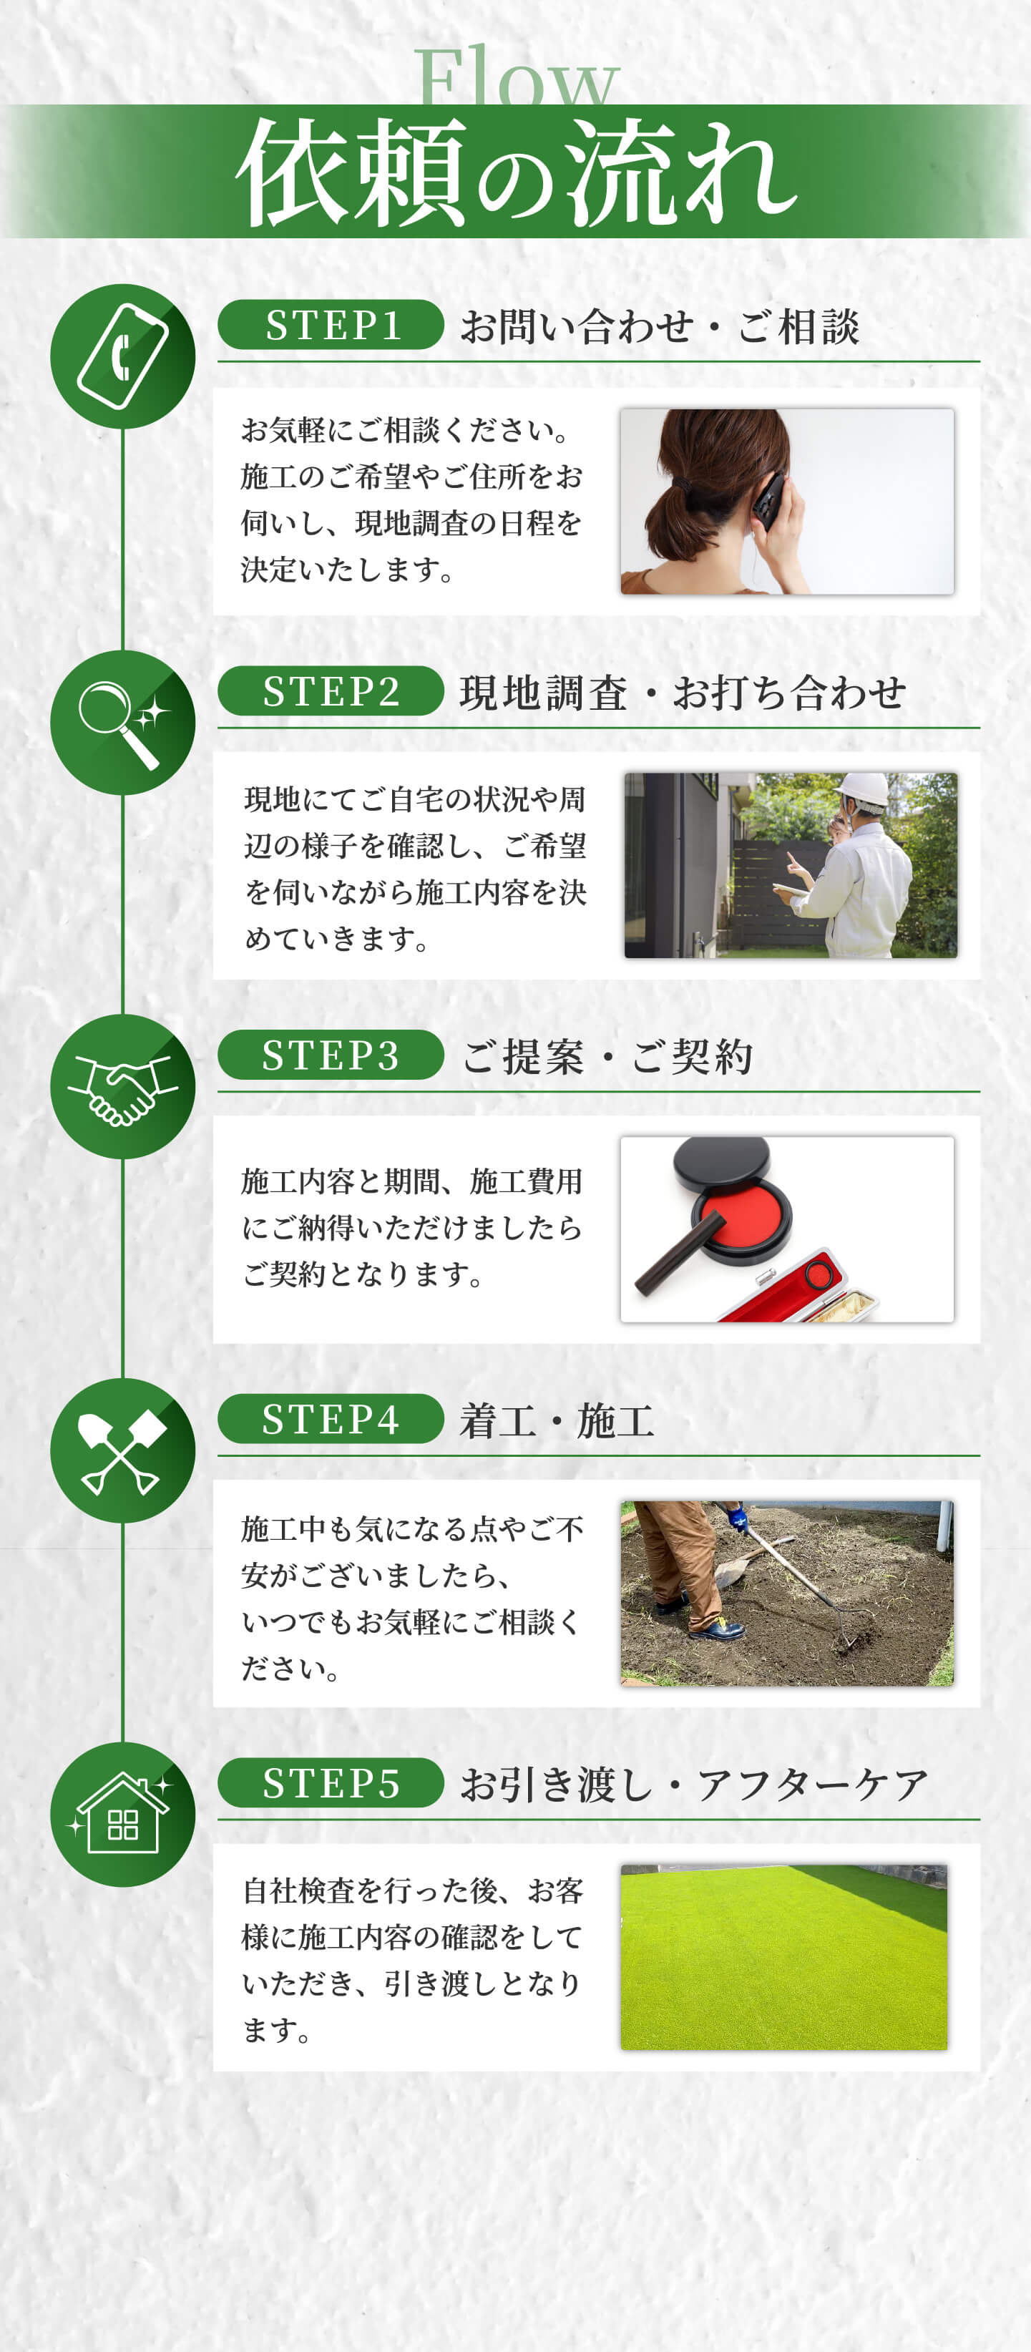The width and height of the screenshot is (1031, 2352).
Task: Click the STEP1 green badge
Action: (331, 324)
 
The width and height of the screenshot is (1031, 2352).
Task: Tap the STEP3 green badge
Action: (331, 1055)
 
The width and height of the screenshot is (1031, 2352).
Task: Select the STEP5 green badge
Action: (331, 1782)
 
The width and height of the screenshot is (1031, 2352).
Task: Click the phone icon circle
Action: (122, 356)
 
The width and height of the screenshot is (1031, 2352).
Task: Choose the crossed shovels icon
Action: (122, 1452)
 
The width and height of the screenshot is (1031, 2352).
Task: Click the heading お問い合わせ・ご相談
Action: (660, 326)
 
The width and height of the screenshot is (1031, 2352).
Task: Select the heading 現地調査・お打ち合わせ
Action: (683, 692)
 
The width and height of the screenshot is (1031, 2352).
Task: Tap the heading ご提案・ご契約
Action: (607, 1056)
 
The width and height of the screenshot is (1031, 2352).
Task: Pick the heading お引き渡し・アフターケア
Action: (694, 1784)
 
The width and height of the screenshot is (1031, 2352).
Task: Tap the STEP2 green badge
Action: (331, 691)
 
